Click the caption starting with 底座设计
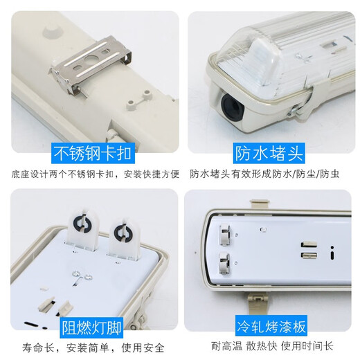pos(91,174)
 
